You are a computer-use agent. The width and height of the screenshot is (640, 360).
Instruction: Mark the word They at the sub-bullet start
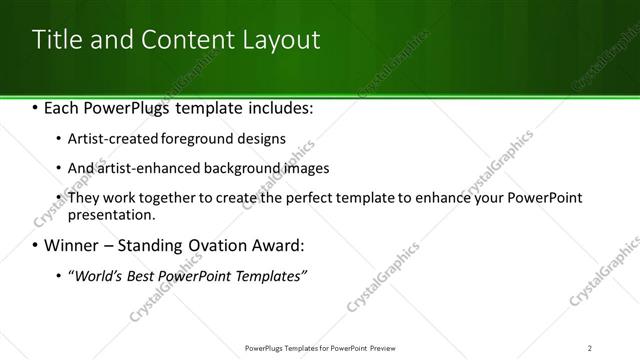(83, 198)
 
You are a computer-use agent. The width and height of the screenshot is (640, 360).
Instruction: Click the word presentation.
(111, 214)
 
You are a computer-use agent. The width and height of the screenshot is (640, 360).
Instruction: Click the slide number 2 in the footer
(590, 348)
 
